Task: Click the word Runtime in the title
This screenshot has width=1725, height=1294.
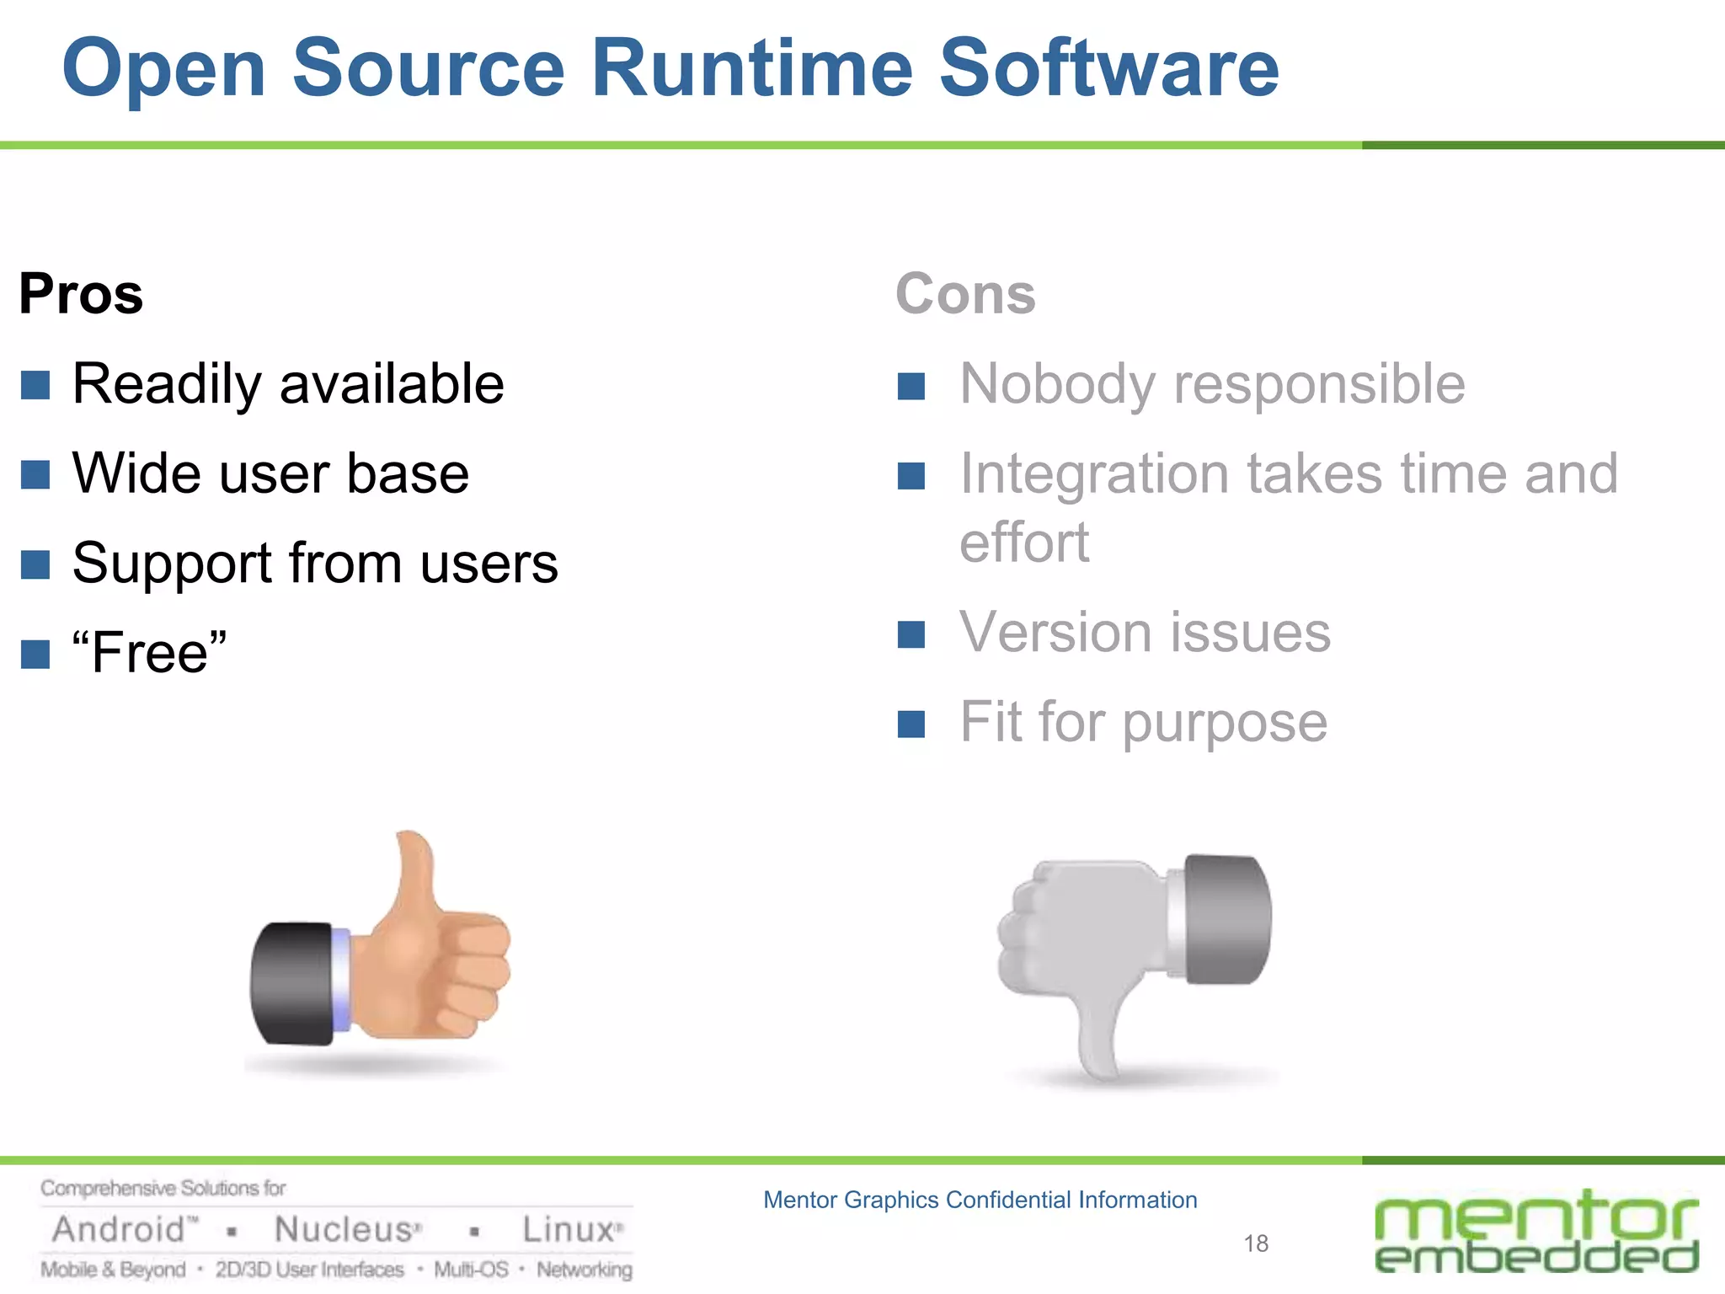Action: click(751, 68)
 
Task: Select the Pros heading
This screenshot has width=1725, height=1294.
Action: click(81, 294)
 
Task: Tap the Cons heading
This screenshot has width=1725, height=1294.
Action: click(965, 294)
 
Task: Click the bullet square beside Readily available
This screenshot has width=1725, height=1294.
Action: click(35, 385)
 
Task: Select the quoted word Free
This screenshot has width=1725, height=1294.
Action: click(150, 652)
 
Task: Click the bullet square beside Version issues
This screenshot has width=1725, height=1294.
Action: click(911, 634)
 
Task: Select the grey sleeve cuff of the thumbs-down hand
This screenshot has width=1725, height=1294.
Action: click(1226, 918)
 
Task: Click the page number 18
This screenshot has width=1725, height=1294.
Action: click(1256, 1243)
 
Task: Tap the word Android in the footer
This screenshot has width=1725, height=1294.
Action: click(118, 1230)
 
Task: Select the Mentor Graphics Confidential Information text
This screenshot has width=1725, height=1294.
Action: click(980, 1200)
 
